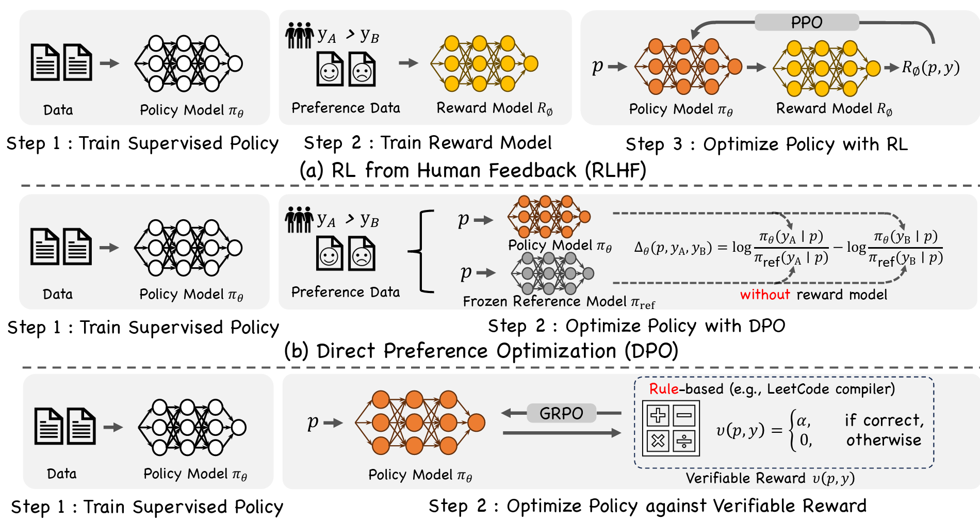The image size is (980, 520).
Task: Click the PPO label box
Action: pos(807,22)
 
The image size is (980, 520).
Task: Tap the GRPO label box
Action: pos(561,413)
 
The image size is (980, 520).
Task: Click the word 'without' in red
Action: pos(765,295)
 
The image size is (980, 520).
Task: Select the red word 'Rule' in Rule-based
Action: pos(664,388)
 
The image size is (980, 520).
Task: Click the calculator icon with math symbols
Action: pos(671,428)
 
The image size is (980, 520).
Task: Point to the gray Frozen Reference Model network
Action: pos(552,273)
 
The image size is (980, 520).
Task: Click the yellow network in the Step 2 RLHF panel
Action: pos(484,63)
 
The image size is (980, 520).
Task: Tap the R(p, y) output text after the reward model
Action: pos(930,68)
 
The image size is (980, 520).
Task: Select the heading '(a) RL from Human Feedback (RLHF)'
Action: pos(473,170)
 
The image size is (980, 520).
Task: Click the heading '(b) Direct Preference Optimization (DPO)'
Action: pos(481,351)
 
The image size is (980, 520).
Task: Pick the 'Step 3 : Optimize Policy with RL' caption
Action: pos(766,144)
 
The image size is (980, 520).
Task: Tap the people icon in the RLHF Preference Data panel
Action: pos(300,35)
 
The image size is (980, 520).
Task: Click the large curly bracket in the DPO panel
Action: pos(421,251)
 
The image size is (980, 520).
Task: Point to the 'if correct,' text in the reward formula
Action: pos(884,420)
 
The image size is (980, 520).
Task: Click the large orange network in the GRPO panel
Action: pos(420,423)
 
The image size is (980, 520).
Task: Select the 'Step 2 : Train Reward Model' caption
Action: pos(428,143)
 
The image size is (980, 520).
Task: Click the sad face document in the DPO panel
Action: pos(362,253)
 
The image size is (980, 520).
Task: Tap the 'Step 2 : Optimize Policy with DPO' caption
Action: pos(636,326)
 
